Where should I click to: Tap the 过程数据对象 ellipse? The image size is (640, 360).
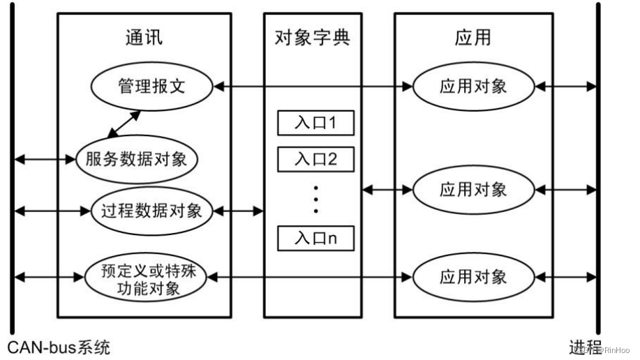pos(151,210)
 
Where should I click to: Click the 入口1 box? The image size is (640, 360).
pos(315,123)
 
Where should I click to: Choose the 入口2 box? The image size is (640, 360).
pos(315,159)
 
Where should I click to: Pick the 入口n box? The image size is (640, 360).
pos(315,239)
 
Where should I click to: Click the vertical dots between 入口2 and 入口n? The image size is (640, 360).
pos(315,199)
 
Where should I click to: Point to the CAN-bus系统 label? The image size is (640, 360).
pos(59,347)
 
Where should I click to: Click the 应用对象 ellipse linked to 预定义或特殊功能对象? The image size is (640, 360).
pos(473,277)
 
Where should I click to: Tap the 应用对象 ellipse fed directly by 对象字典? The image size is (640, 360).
pos(473,189)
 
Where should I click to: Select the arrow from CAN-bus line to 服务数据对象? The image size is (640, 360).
pos(44,159)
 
